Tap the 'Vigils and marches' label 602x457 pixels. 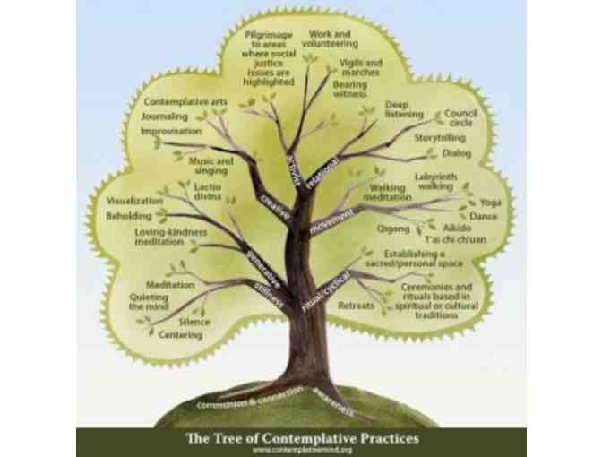(x=360, y=68)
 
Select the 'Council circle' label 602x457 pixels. (x=460, y=118)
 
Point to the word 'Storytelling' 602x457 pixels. (x=439, y=139)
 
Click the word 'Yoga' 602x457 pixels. (x=491, y=203)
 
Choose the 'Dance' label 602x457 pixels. (x=483, y=216)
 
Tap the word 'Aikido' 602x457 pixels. (x=457, y=229)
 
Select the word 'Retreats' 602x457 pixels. (x=356, y=306)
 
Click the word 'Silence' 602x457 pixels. (x=194, y=322)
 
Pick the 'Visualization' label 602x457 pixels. (x=134, y=201)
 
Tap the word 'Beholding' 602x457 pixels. (x=129, y=216)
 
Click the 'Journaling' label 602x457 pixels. (x=165, y=116)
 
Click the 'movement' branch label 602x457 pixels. (x=331, y=221)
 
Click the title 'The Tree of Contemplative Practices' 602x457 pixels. (x=301, y=439)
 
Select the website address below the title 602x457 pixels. (x=301, y=451)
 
